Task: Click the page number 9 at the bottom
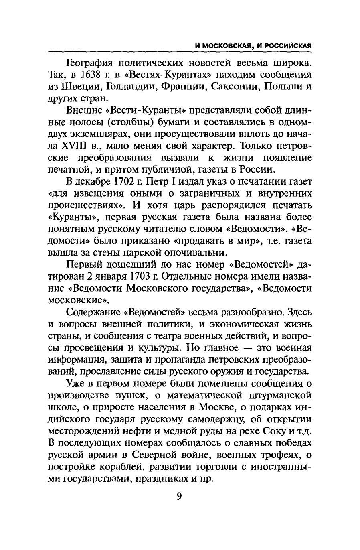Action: click(179, 496)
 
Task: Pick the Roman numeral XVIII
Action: click(77, 145)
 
